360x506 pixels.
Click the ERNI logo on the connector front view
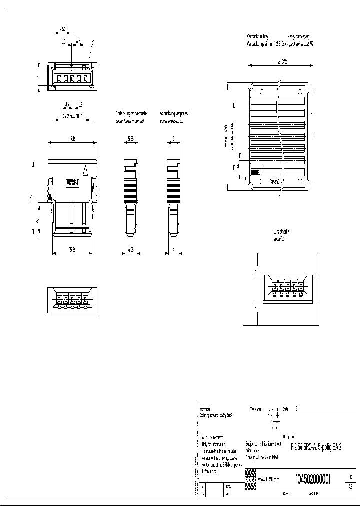coord(72,183)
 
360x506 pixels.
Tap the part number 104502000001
coord(313,478)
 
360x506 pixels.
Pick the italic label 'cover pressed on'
coord(171,120)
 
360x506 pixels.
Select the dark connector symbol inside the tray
coord(255,172)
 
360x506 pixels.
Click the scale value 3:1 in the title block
coord(298,408)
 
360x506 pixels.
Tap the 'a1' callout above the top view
coord(93,43)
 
